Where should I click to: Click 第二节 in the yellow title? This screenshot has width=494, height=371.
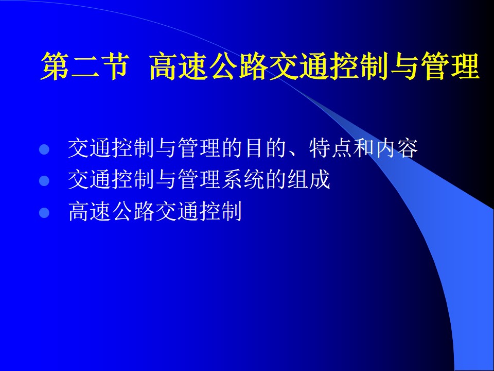(85, 66)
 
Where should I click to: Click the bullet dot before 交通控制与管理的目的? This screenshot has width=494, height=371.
(44, 149)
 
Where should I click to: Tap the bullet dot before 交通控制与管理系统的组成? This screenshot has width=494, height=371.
(44, 181)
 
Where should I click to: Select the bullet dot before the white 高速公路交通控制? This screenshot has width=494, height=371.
(44, 213)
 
